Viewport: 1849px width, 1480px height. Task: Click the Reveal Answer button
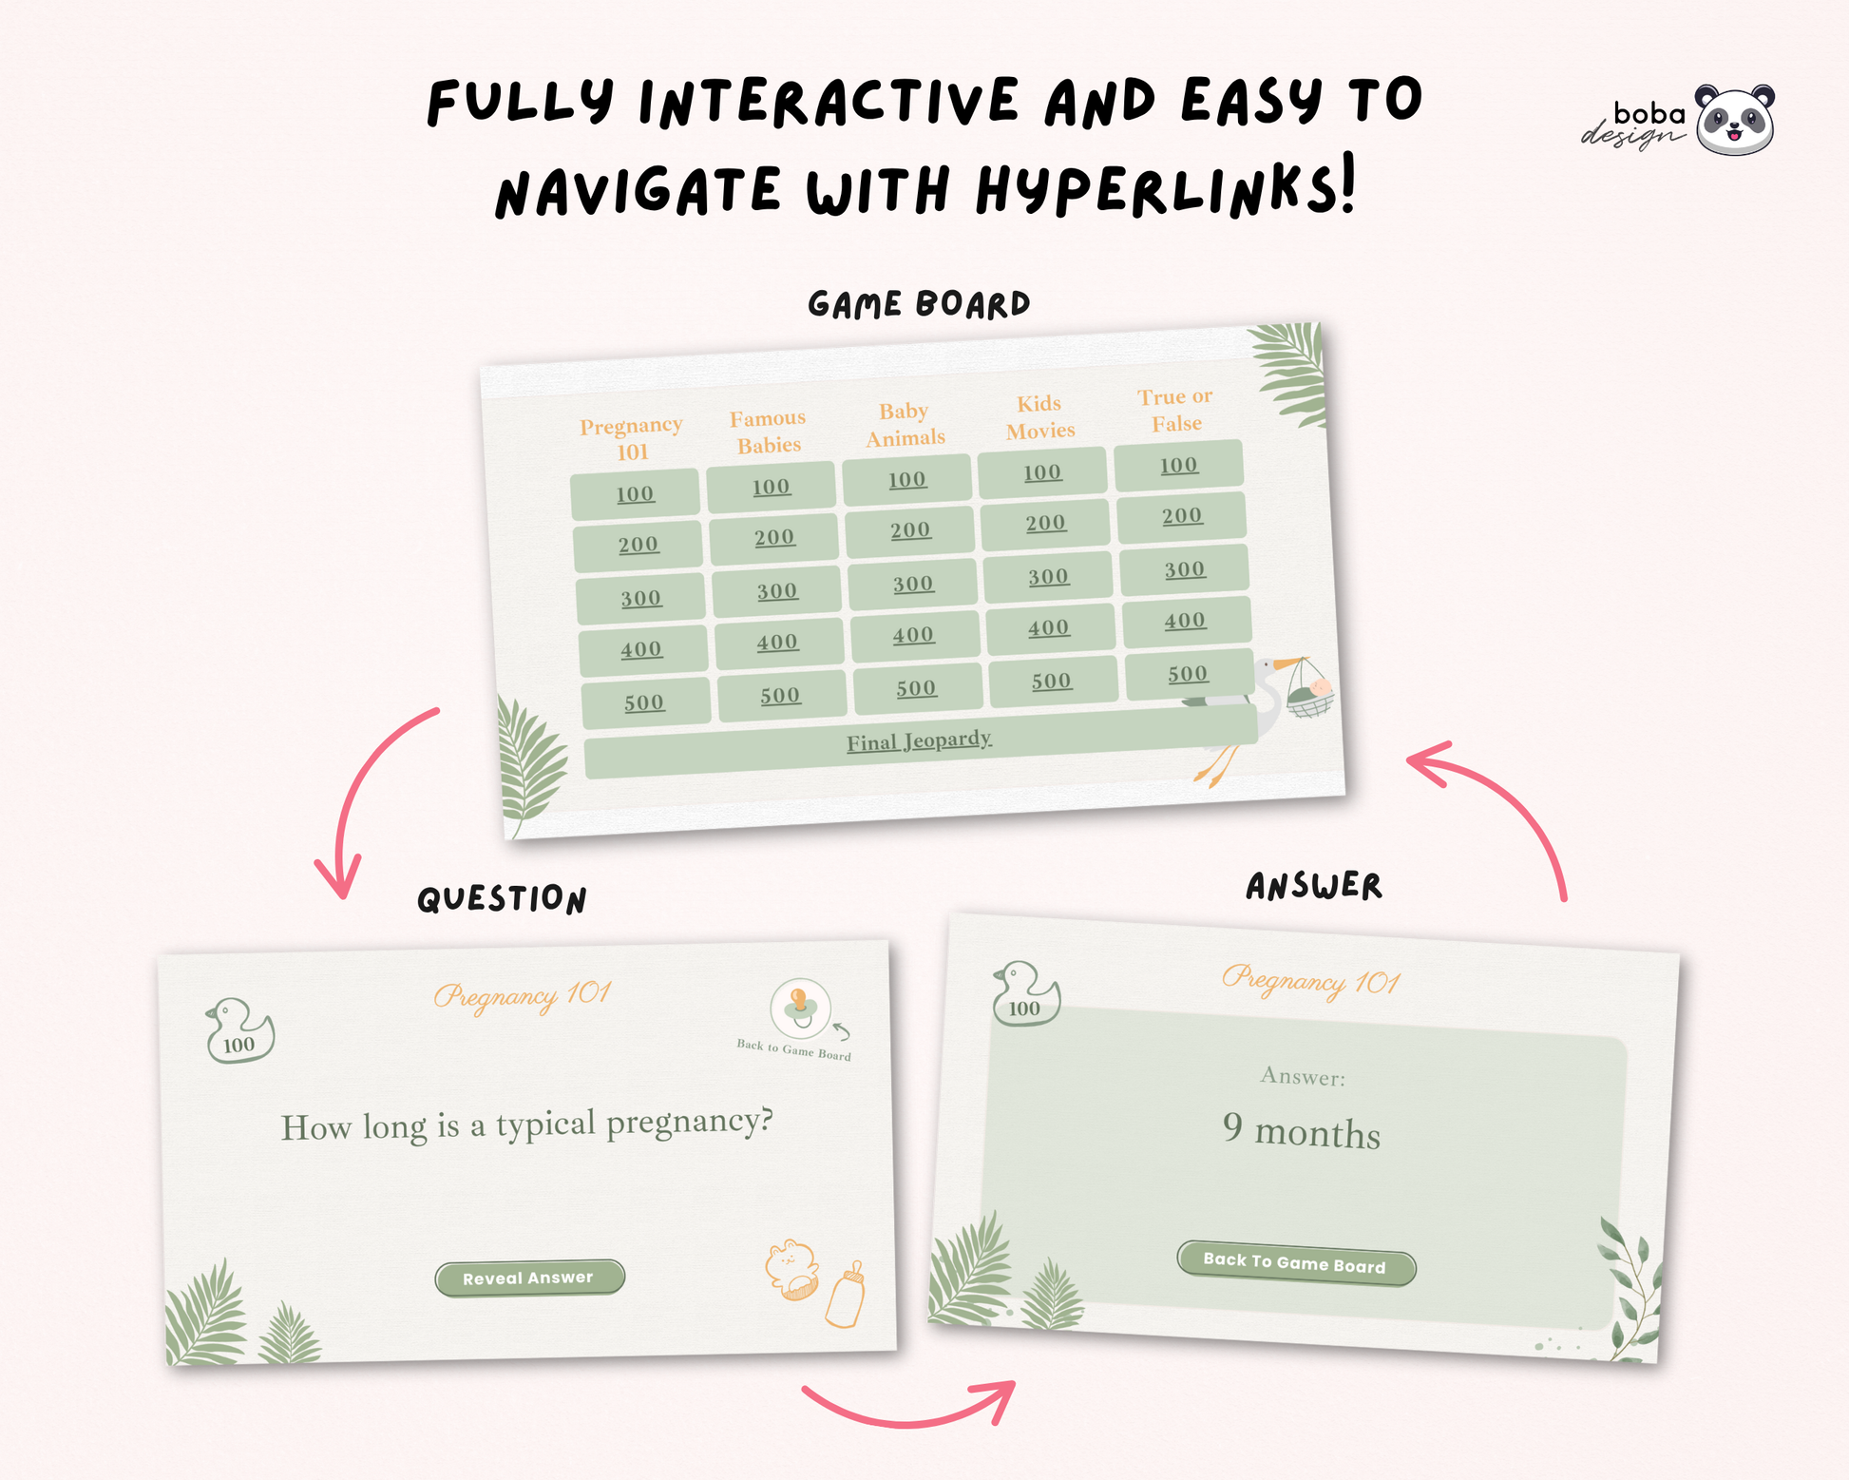(x=529, y=1278)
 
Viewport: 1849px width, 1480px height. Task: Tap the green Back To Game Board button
(x=1296, y=1263)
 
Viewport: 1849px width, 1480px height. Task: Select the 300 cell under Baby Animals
(x=912, y=584)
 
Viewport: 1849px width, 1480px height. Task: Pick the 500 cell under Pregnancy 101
(x=645, y=702)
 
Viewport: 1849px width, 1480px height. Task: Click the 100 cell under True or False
(x=1178, y=465)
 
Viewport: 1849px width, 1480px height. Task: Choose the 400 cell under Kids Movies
(x=1049, y=628)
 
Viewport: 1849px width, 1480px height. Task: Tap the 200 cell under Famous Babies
(x=773, y=538)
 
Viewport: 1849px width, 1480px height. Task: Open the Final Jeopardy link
(x=919, y=740)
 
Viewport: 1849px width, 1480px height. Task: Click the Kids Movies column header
(x=1040, y=417)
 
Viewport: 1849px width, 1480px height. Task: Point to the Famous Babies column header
(x=768, y=432)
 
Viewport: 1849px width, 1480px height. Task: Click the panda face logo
(x=1735, y=120)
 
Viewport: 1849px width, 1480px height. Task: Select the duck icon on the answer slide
(x=1025, y=993)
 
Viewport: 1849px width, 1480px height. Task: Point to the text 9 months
(x=1302, y=1131)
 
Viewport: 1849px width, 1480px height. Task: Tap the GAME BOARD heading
(x=919, y=304)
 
